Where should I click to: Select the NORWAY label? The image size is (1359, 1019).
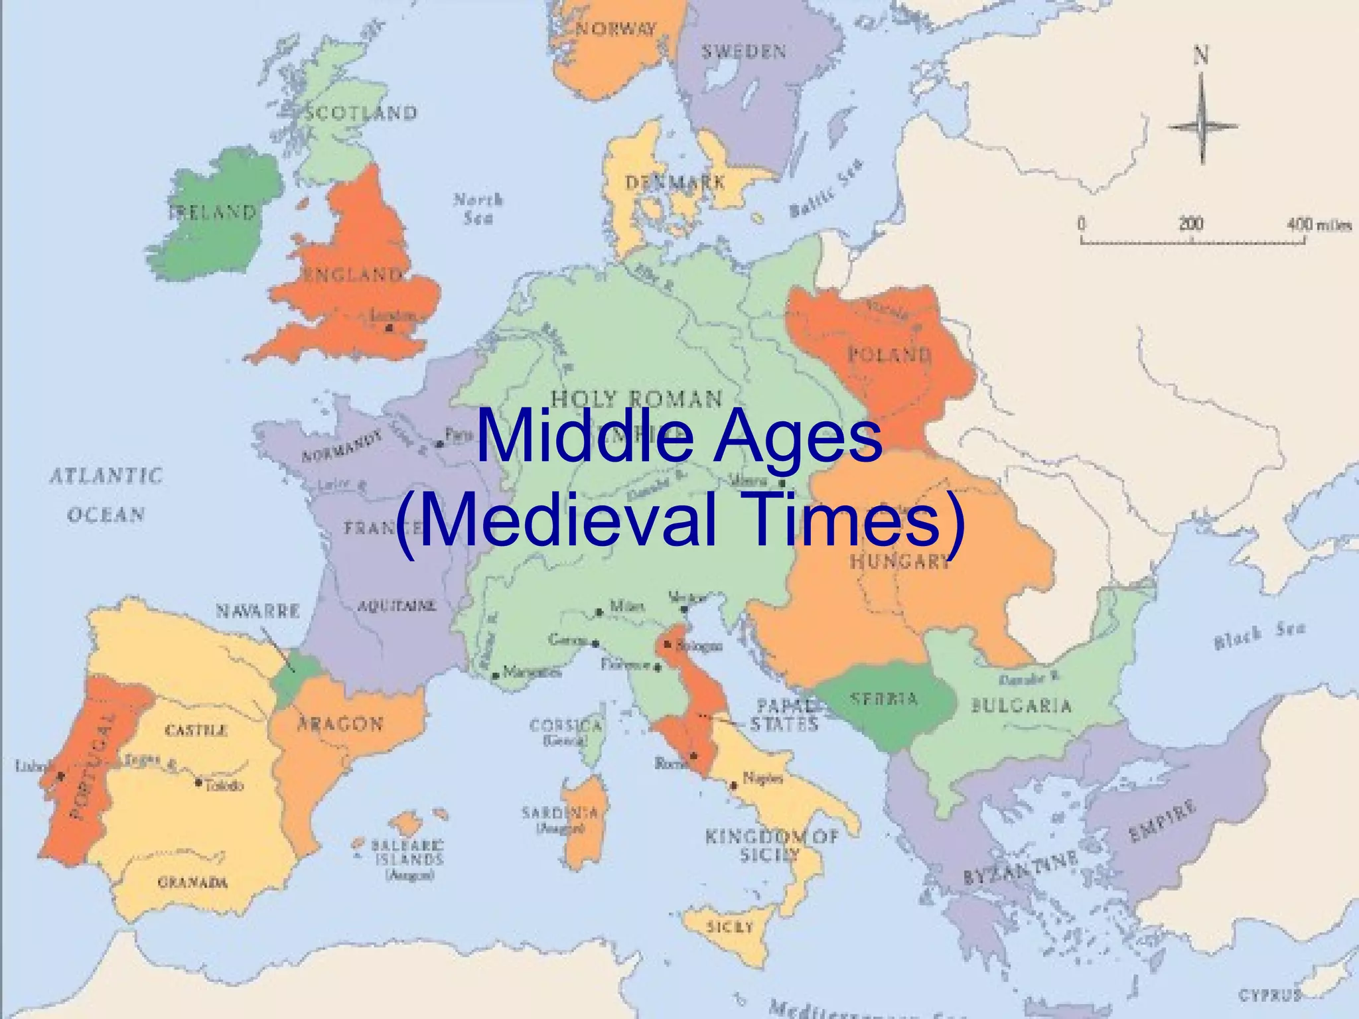click(x=615, y=29)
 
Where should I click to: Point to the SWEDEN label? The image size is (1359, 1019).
click(x=744, y=52)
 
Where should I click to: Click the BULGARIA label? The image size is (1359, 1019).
click(x=1021, y=705)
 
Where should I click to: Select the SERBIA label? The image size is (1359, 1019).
click(x=885, y=699)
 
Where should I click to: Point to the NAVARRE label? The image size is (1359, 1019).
click(x=257, y=610)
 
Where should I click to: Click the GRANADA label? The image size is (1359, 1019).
click(x=192, y=882)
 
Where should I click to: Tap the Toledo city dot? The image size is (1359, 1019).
click(x=198, y=783)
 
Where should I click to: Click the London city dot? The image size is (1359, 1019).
click(x=390, y=327)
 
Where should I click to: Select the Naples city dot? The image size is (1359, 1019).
click(x=734, y=786)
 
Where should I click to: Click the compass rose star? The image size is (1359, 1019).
click(x=1202, y=125)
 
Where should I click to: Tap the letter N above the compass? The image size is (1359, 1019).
click(x=1201, y=54)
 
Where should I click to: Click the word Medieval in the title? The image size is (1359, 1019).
click(x=567, y=519)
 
